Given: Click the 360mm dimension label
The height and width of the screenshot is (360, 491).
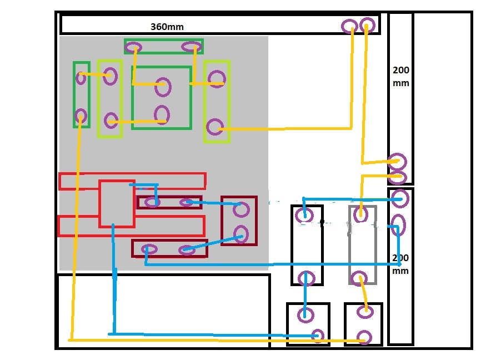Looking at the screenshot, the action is coord(167,27).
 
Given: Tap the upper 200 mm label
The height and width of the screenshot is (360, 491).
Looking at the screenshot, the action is coord(401,77).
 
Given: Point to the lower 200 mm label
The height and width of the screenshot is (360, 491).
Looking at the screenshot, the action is coord(400,264).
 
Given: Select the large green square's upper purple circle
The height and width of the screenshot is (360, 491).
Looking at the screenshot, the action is coord(163,87).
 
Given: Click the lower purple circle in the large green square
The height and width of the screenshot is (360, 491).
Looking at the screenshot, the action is coord(162,114).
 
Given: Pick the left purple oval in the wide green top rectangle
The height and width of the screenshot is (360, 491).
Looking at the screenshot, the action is coord(133,48).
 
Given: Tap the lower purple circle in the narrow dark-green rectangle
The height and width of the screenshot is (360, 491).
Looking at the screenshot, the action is coord(81,116).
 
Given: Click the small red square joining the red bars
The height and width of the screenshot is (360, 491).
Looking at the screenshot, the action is coord(117,204).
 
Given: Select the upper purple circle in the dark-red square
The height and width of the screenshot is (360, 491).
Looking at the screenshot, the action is coord(241,209).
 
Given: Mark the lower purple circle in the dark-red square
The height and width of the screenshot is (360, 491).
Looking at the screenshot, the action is coord(241,234).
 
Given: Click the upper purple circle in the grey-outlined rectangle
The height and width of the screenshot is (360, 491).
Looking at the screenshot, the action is coord(360,214).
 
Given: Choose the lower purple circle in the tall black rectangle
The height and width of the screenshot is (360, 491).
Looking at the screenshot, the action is coord(306,278).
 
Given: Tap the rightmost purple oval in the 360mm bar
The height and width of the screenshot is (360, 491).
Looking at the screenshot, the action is coord(367,25).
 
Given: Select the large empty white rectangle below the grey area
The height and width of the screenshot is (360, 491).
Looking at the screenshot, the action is coord(164,311).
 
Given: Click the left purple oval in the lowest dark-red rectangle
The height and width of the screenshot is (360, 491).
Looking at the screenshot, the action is coord(149,249).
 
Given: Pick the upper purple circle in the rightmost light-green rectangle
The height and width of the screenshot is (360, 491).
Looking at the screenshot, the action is coord(217,79).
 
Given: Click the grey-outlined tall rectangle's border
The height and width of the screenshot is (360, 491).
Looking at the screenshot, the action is coord(349,245).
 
